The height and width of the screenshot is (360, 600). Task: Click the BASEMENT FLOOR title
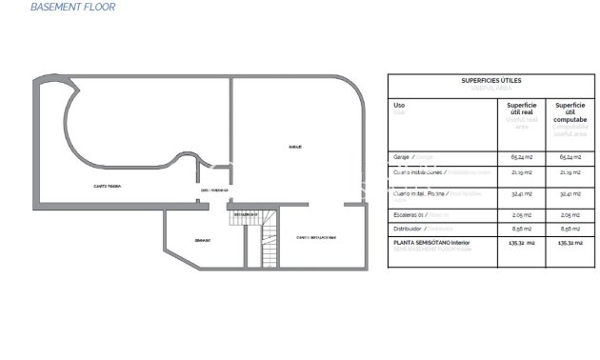(72, 7)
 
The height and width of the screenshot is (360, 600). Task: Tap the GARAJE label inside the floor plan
(295, 148)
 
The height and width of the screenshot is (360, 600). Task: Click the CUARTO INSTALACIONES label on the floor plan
(316, 238)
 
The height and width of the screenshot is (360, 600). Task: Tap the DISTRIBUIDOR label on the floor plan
(214, 190)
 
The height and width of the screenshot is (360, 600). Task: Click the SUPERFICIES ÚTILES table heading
(490, 81)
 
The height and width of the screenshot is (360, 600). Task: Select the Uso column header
(399, 106)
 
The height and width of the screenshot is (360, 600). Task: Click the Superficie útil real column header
(521, 110)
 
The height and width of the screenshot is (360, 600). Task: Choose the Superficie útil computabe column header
(570, 110)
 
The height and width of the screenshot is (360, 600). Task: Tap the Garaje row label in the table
(401, 156)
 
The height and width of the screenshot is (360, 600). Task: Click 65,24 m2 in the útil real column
(521, 156)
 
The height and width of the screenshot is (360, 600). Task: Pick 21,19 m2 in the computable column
(570, 173)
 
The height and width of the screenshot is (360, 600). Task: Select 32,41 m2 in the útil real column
(521, 193)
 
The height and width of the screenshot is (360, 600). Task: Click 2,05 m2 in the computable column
(570, 216)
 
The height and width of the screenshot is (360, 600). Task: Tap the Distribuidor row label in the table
(410, 229)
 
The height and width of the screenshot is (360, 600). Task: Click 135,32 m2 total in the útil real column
(521, 243)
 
